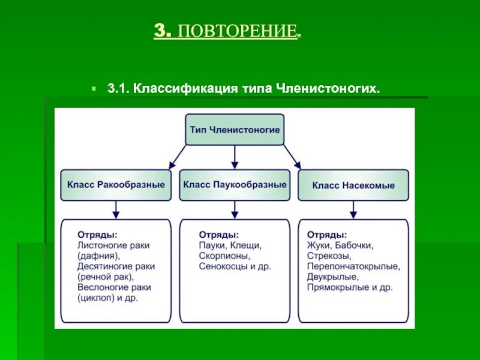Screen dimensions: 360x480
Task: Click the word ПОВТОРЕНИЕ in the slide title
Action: (x=236, y=31)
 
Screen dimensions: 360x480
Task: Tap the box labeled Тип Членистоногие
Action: (x=235, y=130)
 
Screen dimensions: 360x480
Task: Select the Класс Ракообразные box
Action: (x=116, y=185)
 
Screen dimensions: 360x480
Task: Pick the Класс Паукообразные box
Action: (x=235, y=185)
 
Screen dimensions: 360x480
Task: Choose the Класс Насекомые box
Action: (x=353, y=185)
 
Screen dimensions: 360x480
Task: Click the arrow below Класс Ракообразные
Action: (x=116, y=209)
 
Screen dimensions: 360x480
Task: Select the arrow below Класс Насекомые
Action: (x=353, y=209)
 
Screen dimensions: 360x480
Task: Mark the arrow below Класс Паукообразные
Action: (x=235, y=209)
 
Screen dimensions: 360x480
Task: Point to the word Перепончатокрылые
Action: (x=353, y=266)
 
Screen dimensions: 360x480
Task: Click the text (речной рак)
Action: (x=106, y=277)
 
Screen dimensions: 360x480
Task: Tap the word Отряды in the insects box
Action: (x=326, y=234)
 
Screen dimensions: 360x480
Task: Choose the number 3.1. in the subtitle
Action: (x=119, y=88)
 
